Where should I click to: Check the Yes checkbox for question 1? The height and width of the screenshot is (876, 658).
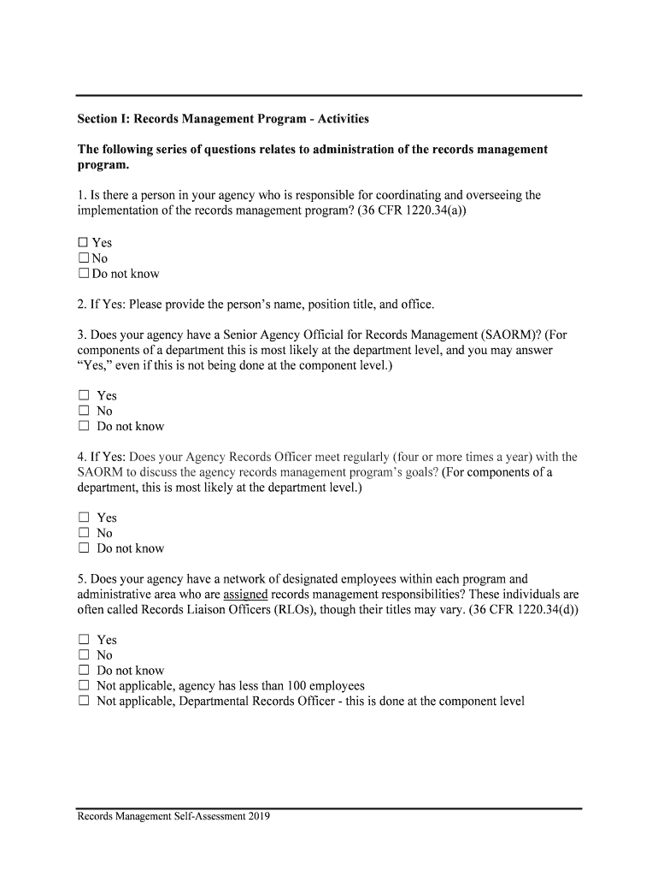84,243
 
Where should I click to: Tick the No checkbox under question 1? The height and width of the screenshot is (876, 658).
84,258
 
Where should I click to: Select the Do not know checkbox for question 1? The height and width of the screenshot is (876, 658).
84,274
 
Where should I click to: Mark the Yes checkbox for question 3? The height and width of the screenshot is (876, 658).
84,395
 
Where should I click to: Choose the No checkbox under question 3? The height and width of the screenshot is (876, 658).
84,411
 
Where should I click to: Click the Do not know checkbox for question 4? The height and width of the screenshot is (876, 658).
84,548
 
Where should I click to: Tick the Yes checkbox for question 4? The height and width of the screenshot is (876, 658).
84,518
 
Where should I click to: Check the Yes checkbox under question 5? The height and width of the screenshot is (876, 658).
84,640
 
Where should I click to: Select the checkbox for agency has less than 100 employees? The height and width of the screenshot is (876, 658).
84,686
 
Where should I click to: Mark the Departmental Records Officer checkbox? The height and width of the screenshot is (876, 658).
84,701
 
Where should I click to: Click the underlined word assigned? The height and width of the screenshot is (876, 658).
245,594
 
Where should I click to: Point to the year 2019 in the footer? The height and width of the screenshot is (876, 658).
259,817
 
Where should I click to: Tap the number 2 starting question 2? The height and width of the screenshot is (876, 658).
81,304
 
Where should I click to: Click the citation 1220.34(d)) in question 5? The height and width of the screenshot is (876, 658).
540,609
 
